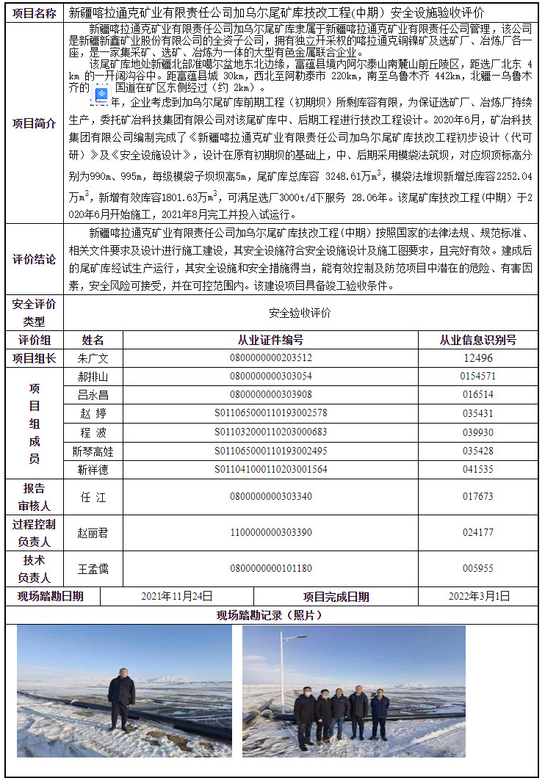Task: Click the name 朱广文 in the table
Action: pos(93,358)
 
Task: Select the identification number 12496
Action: pos(477,358)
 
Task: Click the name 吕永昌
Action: pos(93,395)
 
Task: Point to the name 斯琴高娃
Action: pos(93,450)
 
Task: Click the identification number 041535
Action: pos(477,469)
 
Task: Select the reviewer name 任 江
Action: pos(93,497)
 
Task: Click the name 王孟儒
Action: pos(93,568)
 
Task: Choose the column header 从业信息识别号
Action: pos(477,340)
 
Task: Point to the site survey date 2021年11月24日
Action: pos(176,596)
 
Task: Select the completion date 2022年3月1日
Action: pos(478,596)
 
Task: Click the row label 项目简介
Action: pos(34,123)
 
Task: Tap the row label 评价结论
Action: pos(34,259)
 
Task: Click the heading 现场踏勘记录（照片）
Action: pos(270,615)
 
